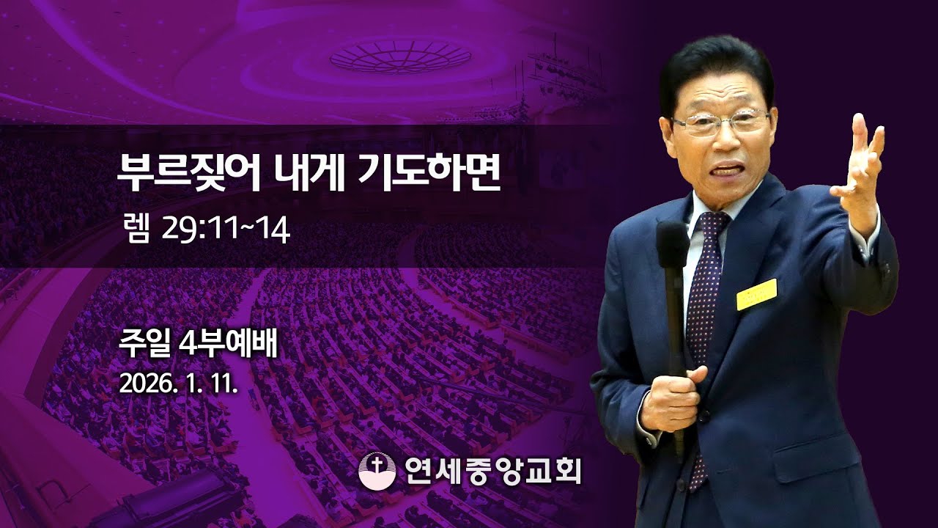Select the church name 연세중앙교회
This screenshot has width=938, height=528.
pyautogui.click(x=492, y=470)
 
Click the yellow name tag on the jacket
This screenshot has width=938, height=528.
pyautogui.click(x=756, y=293)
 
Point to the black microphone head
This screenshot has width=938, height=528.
pyautogui.click(x=672, y=245)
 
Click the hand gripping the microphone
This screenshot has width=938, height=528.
pyautogui.click(x=671, y=400)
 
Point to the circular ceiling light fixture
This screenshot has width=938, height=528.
pyautogui.click(x=400, y=55)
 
